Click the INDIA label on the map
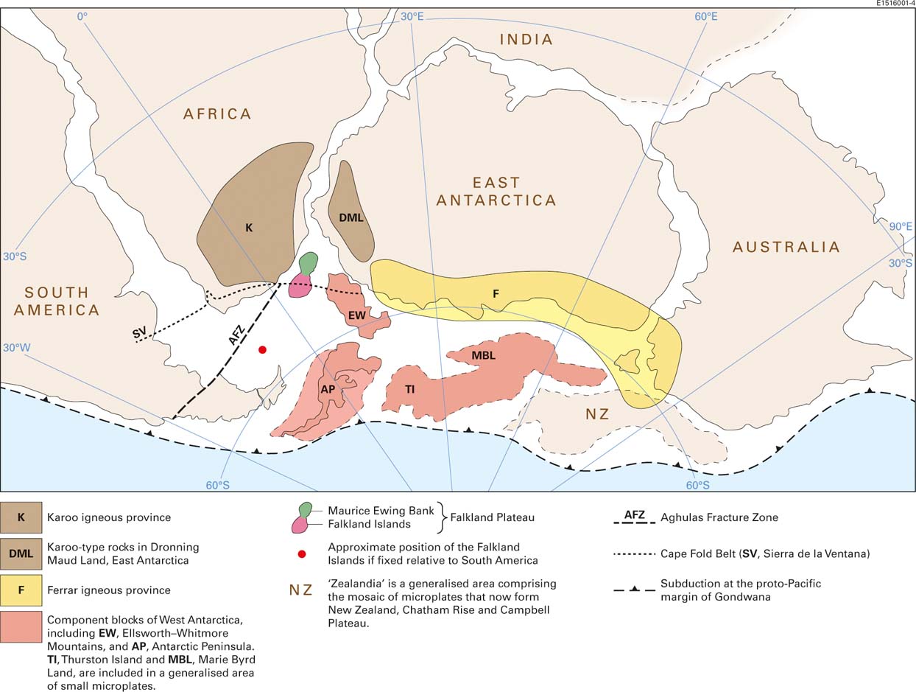coord(526,40)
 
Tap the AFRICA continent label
coord(218,113)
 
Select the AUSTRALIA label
coord(786,247)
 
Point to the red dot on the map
coord(262,349)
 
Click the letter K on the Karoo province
coord(249,228)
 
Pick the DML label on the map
coord(350,218)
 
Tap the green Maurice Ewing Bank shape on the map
coord(309,262)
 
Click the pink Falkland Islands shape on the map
coord(299,286)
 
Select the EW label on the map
coord(356,315)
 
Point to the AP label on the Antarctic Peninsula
coord(328,388)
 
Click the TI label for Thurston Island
coord(409,389)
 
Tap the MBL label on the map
coord(483,355)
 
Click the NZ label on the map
coord(597,414)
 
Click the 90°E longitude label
coord(900,227)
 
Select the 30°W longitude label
coord(17,347)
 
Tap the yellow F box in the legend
coord(21,590)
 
